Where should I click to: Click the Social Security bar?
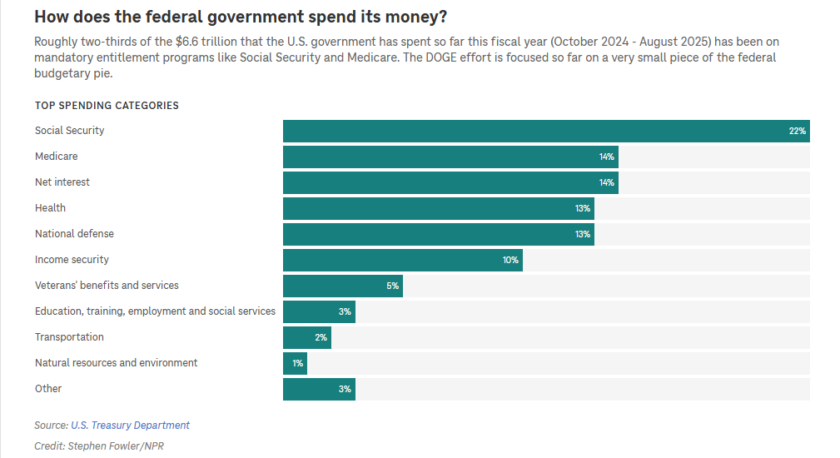tap(546, 131)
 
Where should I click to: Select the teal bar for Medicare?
tap(450, 157)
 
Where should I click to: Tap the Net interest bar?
tap(450, 182)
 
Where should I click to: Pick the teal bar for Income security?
tap(403, 260)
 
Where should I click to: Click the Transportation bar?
tap(306, 337)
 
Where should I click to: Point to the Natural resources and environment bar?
tap(295, 363)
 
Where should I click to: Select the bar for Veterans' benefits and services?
tap(343, 286)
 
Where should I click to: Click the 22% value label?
tap(797, 132)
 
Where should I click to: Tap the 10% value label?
tap(510, 261)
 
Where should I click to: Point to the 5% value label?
tap(393, 286)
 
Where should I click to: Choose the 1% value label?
tap(297, 364)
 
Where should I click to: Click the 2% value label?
tap(321, 338)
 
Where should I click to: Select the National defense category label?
tap(74, 234)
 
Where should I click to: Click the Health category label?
tap(50, 208)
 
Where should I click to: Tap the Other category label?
tap(48, 389)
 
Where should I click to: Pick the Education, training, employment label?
tap(155, 311)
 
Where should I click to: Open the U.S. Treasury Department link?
tap(130, 426)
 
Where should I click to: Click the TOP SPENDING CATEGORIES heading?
tap(107, 106)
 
